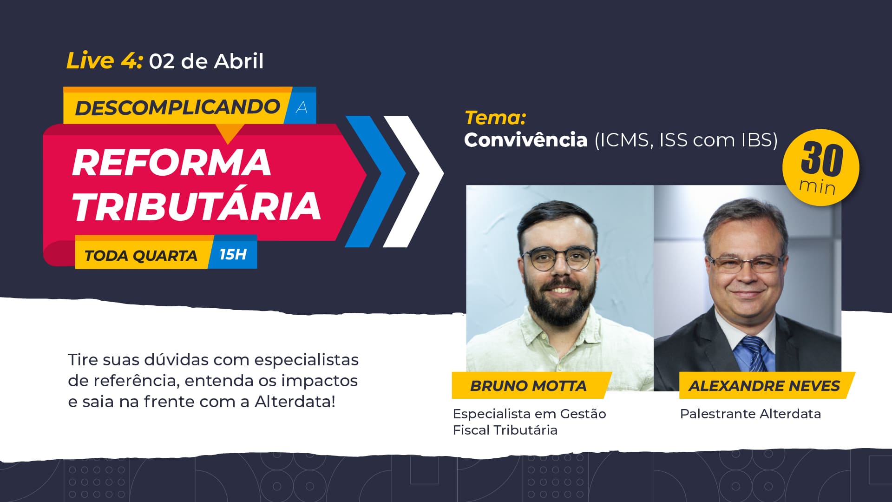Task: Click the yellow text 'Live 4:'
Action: pyautogui.click(x=104, y=60)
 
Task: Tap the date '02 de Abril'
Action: pyautogui.click(x=206, y=61)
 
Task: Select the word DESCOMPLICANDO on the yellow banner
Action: pyautogui.click(x=177, y=107)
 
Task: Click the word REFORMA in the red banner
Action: pyautogui.click(x=171, y=163)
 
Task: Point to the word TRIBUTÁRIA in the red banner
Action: pyautogui.click(x=197, y=206)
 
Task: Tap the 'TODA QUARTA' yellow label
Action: pyautogui.click(x=141, y=256)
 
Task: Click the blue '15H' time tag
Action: pyautogui.click(x=233, y=254)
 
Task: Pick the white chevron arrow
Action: pyautogui.click(x=413, y=181)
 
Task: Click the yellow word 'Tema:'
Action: pyautogui.click(x=495, y=118)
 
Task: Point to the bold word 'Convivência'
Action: pyautogui.click(x=526, y=140)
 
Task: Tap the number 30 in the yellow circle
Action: pyautogui.click(x=821, y=159)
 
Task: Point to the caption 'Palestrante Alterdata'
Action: pyautogui.click(x=750, y=414)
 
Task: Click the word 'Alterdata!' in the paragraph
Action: pyautogui.click(x=295, y=401)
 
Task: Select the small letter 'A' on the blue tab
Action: pyautogui.click(x=302, y=108)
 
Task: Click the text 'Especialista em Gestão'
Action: pyautogui.click(x=530, y=414)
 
